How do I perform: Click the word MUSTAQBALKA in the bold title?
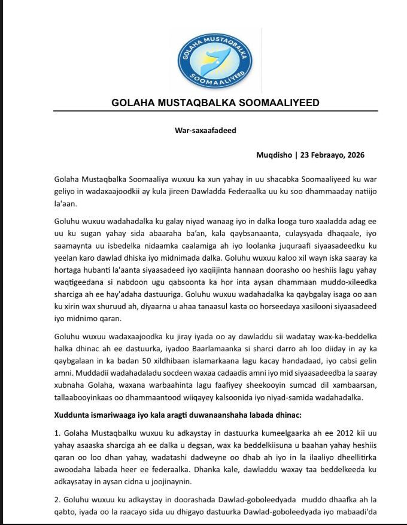point(191,102)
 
